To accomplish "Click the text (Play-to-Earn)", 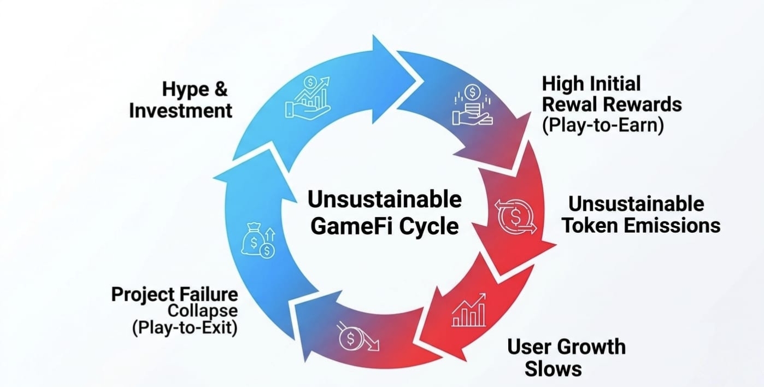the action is [603, 125].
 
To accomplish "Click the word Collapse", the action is [203, 311].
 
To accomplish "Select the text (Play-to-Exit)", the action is [185, 328].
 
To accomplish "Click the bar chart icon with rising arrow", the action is [469, 310].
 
